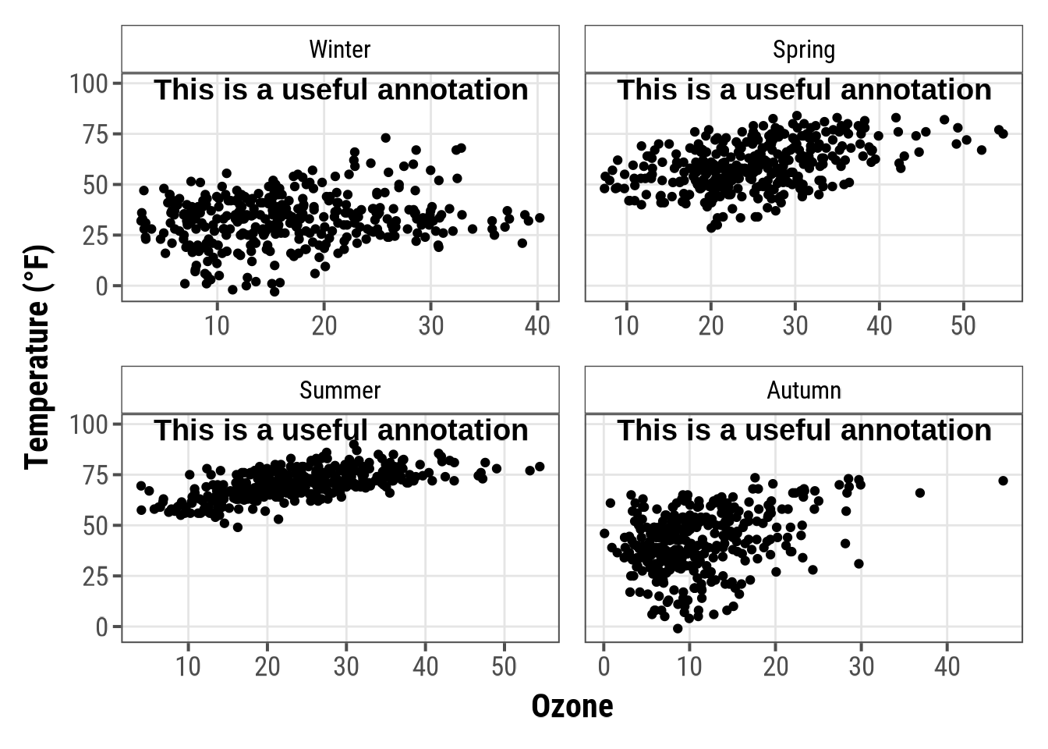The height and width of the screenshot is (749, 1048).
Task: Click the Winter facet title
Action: [x=340, y=49]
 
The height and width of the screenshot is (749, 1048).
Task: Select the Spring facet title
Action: [x=804, y=49]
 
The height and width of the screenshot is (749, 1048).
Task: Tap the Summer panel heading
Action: [x=340, y=390]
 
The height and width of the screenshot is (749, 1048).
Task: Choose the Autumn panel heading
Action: [x=804, y=390]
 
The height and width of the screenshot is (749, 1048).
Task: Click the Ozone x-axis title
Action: [x=572, y=706]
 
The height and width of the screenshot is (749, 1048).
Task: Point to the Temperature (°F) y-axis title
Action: [x=37, y=357]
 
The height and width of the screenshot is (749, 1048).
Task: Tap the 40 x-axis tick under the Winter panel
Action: [x=537, y=325]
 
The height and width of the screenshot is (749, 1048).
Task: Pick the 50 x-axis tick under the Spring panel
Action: [x=964, y=325]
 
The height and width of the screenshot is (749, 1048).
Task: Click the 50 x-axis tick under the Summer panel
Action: [x=504, y=666]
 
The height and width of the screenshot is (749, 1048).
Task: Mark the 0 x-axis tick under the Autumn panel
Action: [x=604, y=666]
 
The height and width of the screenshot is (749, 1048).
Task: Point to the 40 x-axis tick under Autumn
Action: [x=947, y=666]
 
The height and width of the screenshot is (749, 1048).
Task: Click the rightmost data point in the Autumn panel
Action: [x=1003, y=481]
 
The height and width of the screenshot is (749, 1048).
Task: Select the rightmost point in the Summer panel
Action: [x=540, y=467]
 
